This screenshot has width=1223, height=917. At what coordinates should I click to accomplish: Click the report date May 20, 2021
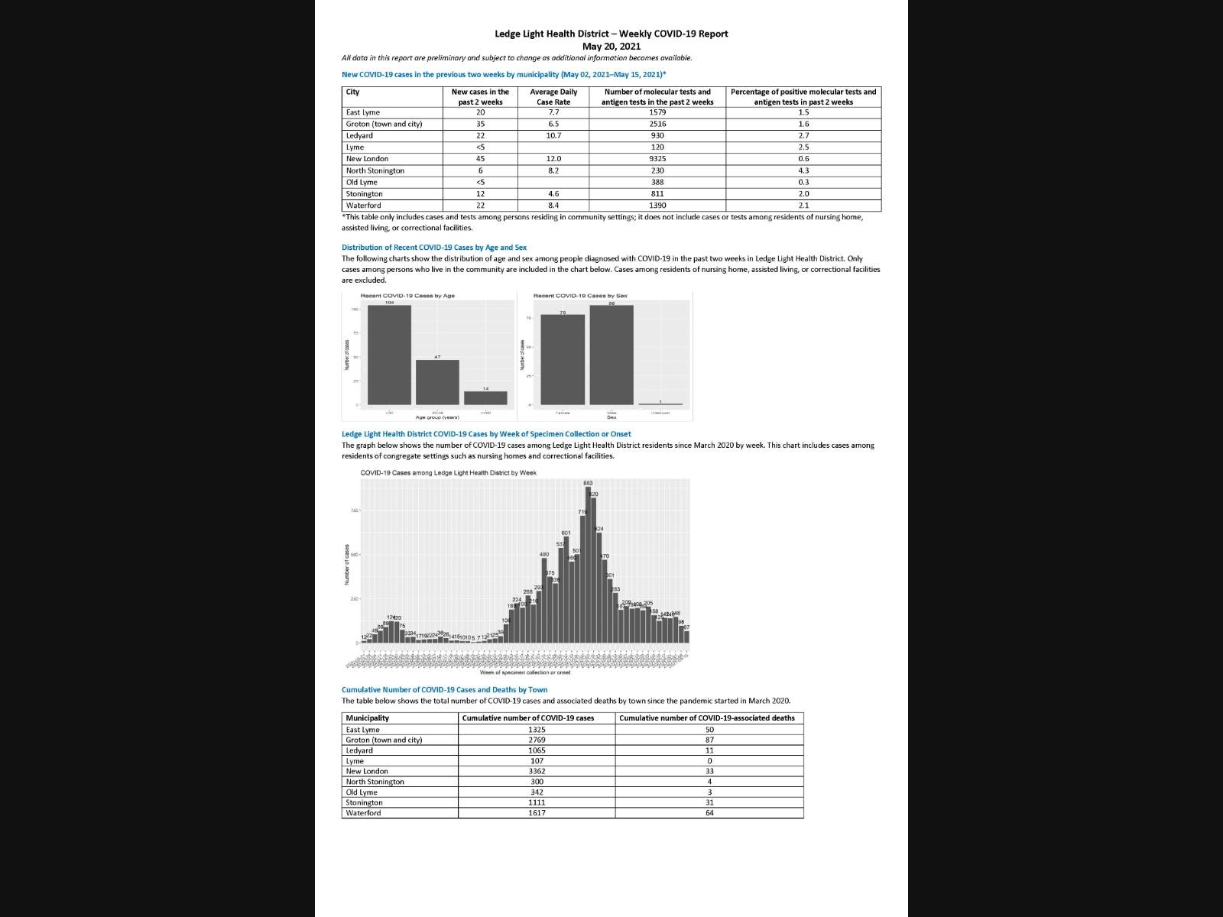611,47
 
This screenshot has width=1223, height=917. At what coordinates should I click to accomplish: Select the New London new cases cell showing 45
480,159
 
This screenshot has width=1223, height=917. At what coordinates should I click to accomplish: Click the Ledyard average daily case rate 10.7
553,135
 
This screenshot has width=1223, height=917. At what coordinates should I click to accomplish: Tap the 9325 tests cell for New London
657,159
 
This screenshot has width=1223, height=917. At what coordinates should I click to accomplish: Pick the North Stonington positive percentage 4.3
803,170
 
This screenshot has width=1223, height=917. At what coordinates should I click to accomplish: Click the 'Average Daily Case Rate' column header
553,97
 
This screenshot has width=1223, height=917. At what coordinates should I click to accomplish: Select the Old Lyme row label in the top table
362,182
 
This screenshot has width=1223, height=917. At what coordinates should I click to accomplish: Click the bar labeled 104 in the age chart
389,355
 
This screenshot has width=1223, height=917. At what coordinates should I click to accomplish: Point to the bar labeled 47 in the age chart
437,382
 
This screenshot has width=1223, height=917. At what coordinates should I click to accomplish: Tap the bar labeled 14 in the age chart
485,398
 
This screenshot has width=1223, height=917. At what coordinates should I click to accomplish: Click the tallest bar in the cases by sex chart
611,355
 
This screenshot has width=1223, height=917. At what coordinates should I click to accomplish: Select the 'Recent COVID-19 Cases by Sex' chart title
580,296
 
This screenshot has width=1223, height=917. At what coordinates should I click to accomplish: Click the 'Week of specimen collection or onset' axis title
525,672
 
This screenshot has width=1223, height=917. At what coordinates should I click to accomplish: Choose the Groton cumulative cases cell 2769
537,740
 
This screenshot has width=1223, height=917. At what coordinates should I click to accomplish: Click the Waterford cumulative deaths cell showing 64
709,813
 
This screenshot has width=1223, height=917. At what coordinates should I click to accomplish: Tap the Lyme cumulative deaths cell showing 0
709,761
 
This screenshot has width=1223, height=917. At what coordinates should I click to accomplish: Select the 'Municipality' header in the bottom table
368,718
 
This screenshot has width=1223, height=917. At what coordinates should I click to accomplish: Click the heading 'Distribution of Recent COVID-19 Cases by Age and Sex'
434,248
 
